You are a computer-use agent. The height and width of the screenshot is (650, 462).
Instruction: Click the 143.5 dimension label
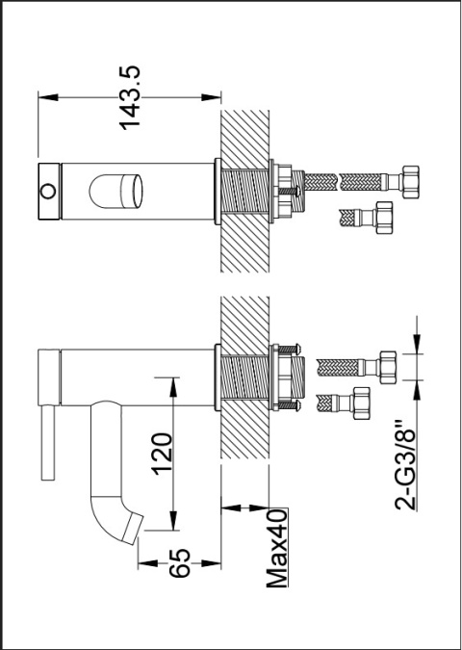point(130,98)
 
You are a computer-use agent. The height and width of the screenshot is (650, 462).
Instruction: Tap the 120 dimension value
point(162,454)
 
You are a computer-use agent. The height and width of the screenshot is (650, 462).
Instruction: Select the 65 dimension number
point(180,563)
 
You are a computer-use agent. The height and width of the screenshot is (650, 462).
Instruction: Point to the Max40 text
point(277,548)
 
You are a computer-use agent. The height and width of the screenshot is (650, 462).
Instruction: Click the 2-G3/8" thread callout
point(405,465)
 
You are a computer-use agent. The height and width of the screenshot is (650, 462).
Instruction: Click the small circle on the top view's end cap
point(48,192)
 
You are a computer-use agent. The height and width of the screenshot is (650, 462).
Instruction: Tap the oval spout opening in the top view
point(116,192)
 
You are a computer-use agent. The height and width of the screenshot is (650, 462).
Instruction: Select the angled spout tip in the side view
point(133,528)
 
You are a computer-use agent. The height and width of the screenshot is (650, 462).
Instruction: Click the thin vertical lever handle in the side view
point(48,443)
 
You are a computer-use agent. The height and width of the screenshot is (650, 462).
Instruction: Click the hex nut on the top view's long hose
point(410,182)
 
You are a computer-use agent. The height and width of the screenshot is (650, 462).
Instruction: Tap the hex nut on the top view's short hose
point(383,218)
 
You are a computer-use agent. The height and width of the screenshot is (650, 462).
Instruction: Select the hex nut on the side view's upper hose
point(388,367)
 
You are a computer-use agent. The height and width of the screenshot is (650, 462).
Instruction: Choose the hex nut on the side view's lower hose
point(361,403)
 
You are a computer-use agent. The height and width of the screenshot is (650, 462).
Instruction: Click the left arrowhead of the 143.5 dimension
point(48,97)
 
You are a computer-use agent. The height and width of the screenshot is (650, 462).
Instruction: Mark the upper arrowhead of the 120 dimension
point(173,387)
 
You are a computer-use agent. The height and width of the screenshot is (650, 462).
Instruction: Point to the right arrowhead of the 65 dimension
point(211,563)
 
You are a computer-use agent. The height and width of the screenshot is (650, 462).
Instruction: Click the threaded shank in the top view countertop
point(244,192)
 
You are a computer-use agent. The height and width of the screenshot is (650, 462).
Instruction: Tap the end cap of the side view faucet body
point(49,377)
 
